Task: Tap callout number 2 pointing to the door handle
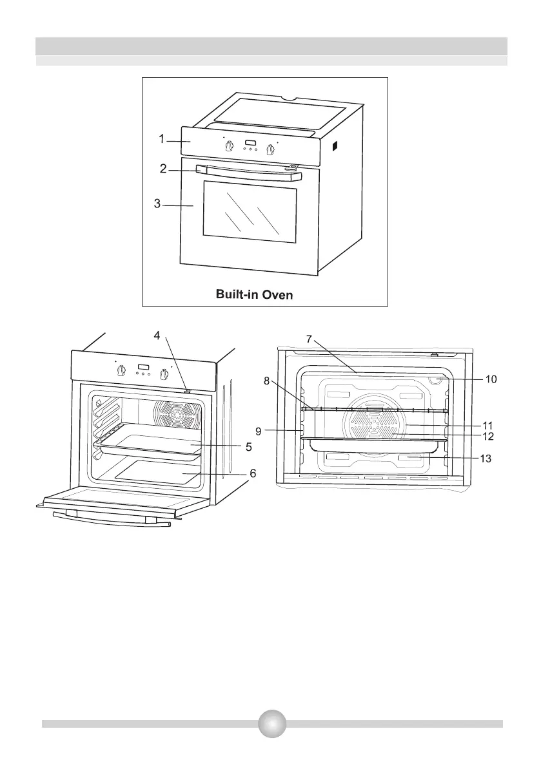coord(164,169)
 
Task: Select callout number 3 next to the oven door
coord(157,205)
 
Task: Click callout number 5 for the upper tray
coord(248,446)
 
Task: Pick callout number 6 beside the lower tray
coord(253,473)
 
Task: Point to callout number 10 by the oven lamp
coord(491,379)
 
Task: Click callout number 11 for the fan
coord(487,425)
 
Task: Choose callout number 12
coord(487,436)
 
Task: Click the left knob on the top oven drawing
coord(229,147)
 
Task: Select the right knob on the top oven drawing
coord(271,150)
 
